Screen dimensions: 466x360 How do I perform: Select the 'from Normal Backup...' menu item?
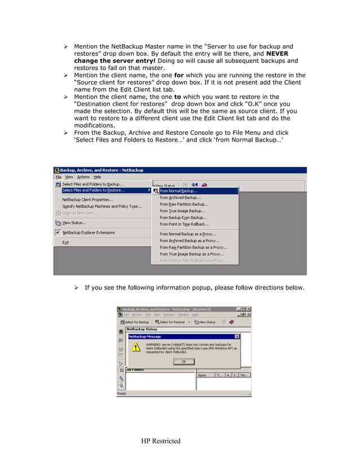click(x=178, y=191)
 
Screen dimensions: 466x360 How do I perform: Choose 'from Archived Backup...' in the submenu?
click(x=180, y=197)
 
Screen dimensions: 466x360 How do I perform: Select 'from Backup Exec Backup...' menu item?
click(x=183, y=218)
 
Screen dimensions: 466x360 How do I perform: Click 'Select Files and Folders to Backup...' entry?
click(x=93, y=184)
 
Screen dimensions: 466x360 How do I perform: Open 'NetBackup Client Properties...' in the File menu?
click(x=87, y=199)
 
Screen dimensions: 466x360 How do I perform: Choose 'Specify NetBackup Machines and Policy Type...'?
click(x=102, y=206)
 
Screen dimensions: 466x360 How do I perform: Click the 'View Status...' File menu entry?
click(x=74, y=223)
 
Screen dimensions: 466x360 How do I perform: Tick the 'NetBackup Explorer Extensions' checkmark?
click(x=58, y=232)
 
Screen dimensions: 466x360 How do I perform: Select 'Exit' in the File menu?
click(x=65, y=243)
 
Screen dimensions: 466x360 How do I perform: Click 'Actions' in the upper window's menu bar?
click(x=84, y=177)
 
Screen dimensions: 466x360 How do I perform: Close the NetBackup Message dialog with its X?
click(x=236, y=336)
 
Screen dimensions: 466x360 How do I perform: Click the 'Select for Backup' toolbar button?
click(x=134, y=322)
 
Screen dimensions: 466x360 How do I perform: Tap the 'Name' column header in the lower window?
click(x=202, y=375)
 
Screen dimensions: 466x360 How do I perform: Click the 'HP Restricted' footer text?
click(x=160, y=441)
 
